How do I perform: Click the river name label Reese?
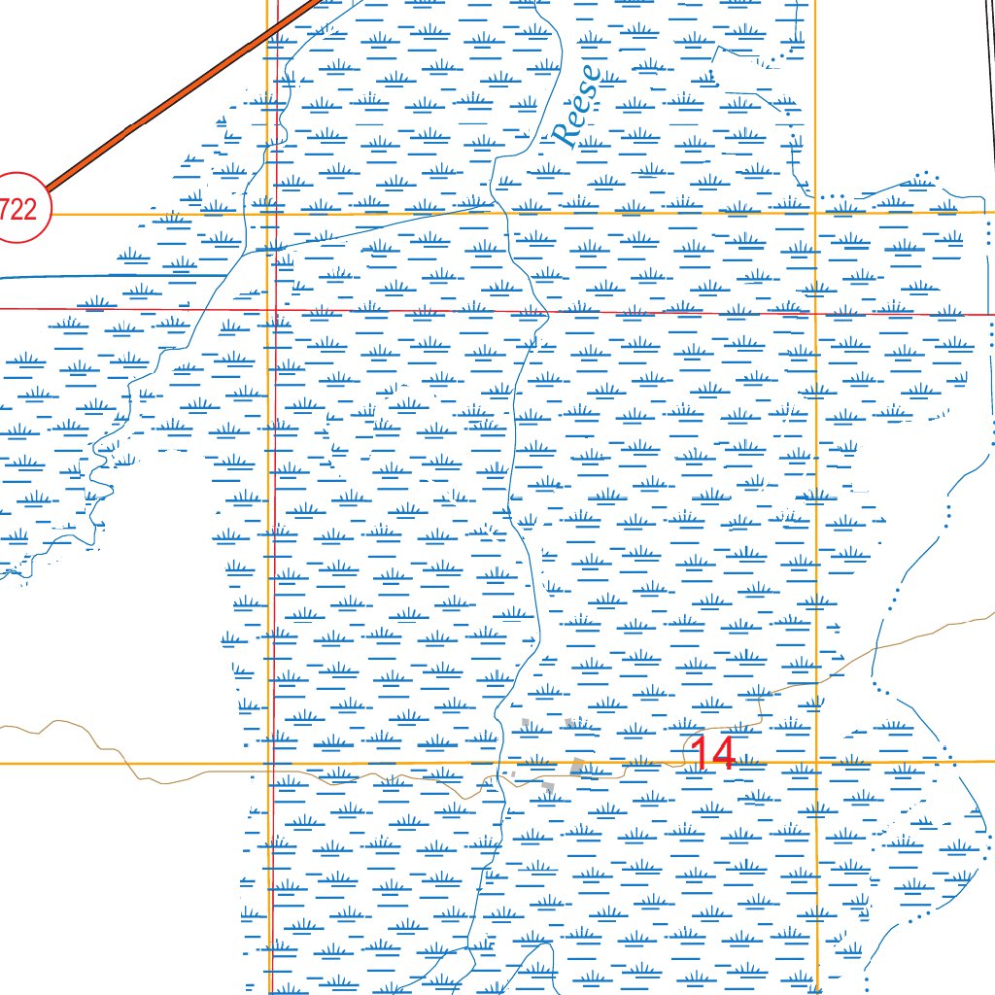click(x=577, y=105)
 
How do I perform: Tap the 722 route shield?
click(x=17, y=207)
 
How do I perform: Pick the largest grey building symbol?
click(x=579, y=767)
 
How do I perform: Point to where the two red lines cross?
click(x=275, y=310)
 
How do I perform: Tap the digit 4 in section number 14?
click(x=723, y=754)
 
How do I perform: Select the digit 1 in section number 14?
click(x=700, y=754)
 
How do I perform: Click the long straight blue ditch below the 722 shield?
click(x=117, y=276)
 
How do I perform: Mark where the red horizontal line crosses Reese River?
click(x=535, y=312)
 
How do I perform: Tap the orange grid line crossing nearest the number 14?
click(x=816, y=763)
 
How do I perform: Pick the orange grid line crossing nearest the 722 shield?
click(x=267, y=213)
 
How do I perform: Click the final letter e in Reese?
click(x=590, y=74)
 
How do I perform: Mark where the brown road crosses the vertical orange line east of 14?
click(x=816, y=680)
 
